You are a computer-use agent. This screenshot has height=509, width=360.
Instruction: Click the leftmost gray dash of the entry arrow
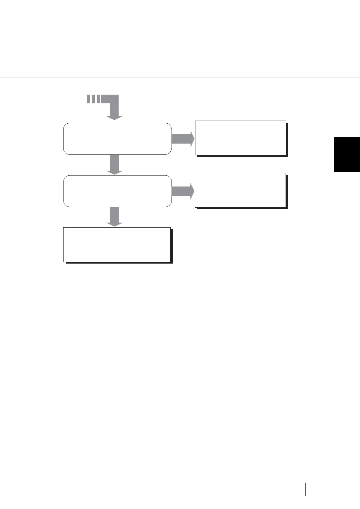tap(88, 99)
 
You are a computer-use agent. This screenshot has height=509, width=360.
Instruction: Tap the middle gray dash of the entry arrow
tap(93, 99)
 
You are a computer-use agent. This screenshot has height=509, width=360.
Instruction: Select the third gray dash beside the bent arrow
tap(98, 99)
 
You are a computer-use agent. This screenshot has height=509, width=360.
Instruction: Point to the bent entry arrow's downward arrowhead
tap(114, 118)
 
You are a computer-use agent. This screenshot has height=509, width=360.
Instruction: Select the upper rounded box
tap(117, 139)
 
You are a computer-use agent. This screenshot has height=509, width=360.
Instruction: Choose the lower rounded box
tap(117, 191)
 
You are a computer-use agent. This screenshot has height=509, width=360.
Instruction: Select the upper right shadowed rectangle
tap(241, 138)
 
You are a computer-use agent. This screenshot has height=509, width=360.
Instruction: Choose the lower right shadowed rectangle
tap(241, 190)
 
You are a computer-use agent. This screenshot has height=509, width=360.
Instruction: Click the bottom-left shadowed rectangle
tap(117, 244)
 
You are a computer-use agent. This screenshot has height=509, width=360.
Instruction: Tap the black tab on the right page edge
tap(347, 154)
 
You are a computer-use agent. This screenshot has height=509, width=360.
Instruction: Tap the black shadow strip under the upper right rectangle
tap(242, 156)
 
